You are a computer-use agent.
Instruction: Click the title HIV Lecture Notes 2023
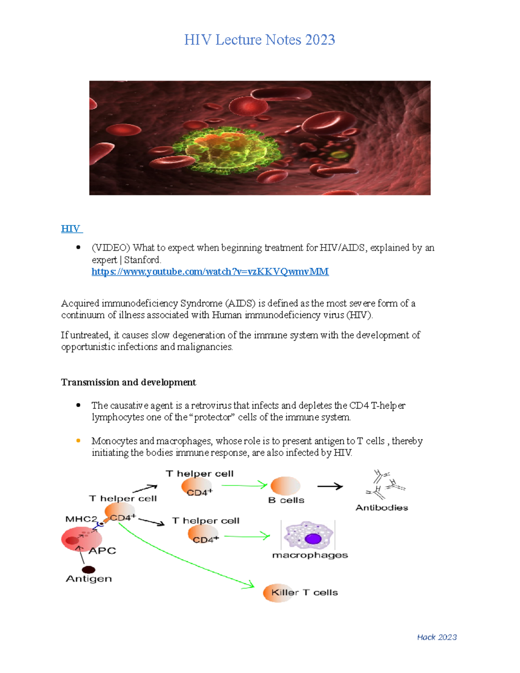pyautogui.click(x=260, y=40)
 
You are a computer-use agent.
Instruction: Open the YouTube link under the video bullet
pyautogui.click(x=210, y=272)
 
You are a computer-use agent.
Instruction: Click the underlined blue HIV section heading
pyautogui.click(x=71, y=229)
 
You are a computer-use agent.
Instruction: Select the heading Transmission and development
pyautogui.click(x=128, y=382)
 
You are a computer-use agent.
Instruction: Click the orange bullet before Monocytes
pyautogui.click(x=78, y=441)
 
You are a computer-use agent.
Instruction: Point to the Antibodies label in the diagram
pyautogui.click(x=382, y=507)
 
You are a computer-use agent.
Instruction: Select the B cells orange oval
pyautogui.click(x=285, y=486)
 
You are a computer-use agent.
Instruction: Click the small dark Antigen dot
pyautogui.click(x=88, y=569)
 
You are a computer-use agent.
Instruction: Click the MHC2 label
pyautogui.click(x=81, y=519)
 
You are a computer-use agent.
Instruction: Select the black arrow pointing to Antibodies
pyautogui.click(x=330, y=487)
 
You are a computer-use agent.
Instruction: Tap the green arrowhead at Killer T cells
pyautogui.click(x=249, y=585)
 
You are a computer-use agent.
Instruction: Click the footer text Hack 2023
pyautogui.click(x=437, y=637)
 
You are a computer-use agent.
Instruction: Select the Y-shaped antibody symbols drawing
pyautogui.click(x=385, y=484)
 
